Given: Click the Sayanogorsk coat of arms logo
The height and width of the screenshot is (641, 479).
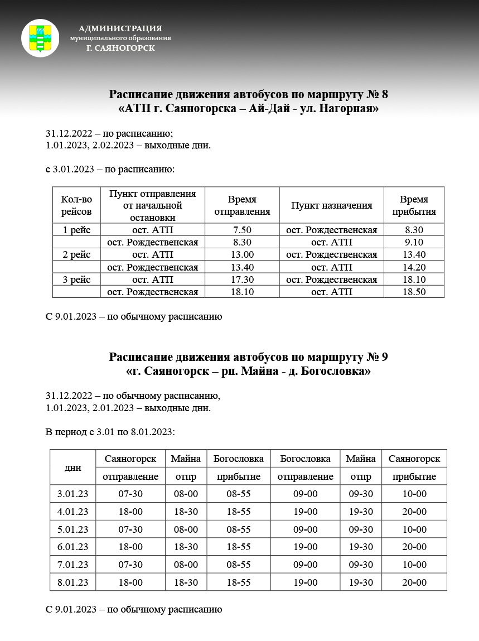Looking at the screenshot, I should coord(40,38).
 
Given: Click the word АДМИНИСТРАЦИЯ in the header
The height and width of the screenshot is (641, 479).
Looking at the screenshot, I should coord(120,28).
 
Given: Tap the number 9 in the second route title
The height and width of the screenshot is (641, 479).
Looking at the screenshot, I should coord(385,356).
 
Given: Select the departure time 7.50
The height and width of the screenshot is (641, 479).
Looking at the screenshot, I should coord(242,230).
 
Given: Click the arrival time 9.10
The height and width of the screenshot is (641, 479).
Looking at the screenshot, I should coord(414,242).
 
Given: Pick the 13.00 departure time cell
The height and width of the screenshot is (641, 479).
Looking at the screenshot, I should coord(242,254).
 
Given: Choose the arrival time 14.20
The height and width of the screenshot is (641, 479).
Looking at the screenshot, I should coord(414,267).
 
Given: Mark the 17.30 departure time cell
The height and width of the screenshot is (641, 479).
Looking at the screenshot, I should coord(242,279).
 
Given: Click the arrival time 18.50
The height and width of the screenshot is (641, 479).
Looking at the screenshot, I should coord(414,291).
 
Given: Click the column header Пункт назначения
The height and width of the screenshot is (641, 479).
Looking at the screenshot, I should coord(331,205).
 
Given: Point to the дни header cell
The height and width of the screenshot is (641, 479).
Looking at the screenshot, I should coord(72,468).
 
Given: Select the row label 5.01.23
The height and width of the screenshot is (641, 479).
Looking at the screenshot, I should coord(72,529).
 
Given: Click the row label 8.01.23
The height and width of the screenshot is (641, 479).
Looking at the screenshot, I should coord(72,582).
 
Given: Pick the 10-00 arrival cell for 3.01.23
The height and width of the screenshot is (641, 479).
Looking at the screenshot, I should coord(414,494).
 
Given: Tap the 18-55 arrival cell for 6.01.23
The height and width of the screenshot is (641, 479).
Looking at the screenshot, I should coord(239,547).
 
